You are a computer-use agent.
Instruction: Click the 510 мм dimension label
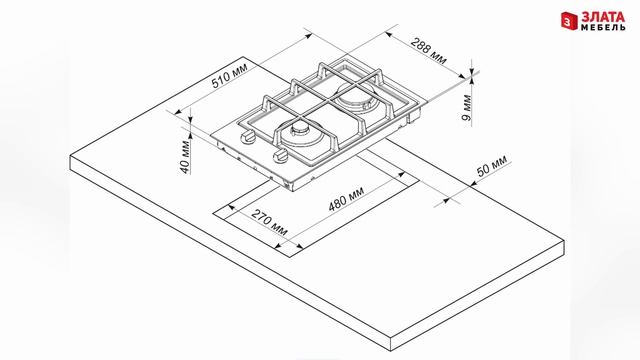pyautogui.click(x=229, y=76)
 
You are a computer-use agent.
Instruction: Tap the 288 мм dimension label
pyautogui.click(x=429, y=51)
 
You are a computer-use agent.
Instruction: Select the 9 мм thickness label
pyautogui.click(x=466, y=108)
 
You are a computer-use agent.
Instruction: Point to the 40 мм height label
pyautogui.click(x=185, y=157)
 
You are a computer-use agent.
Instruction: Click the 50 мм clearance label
pyautogui.click(x=492, y=165)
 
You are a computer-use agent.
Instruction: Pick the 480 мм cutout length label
pyautogui.click(x=347, y=199)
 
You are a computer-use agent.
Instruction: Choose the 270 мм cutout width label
pyautogui.click(x=269, y=222)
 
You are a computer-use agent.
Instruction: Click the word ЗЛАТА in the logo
pyautogui.click(x=603, y=17)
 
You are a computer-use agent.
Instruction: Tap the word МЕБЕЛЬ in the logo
pyautogui.click(x=603, y=27)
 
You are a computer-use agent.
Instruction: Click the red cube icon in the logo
pyautogui.click(x=569, y=20)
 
